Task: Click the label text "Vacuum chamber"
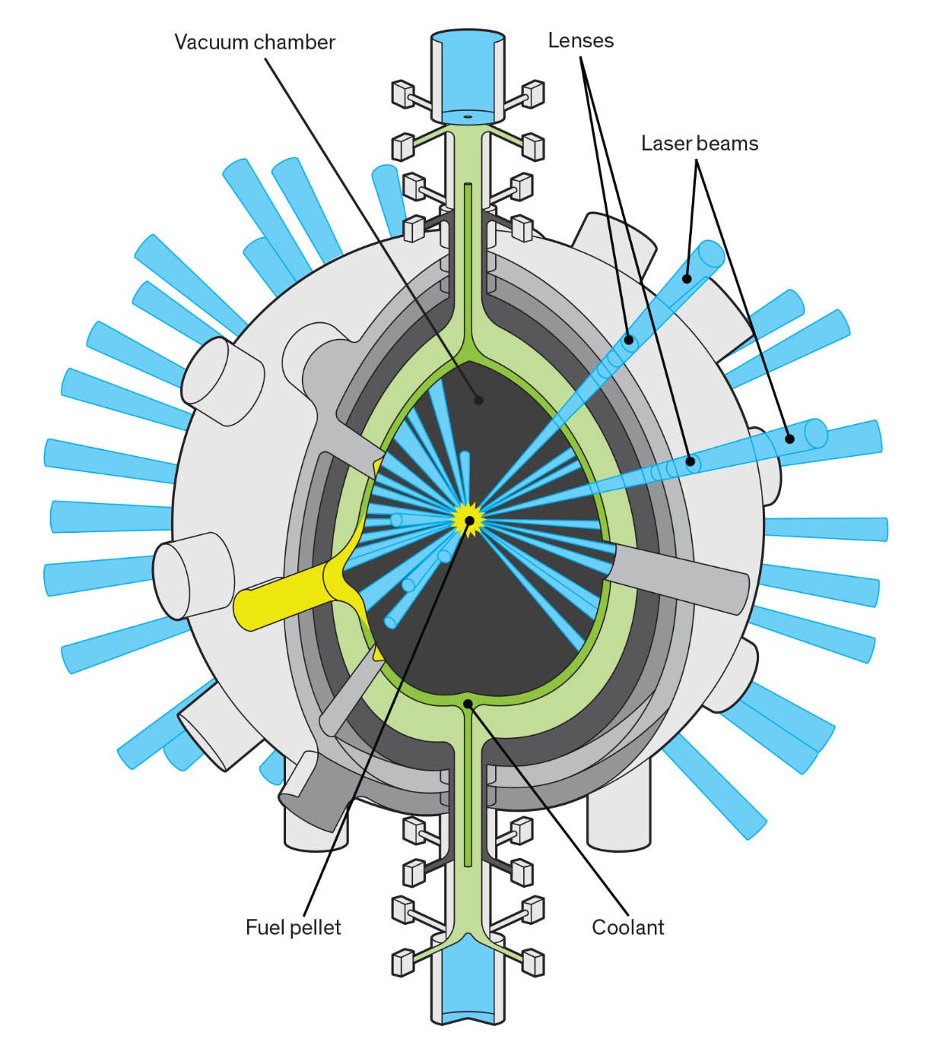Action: coord(254,42)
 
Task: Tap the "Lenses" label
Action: coord(580,40)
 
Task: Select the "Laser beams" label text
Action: coord(699,143)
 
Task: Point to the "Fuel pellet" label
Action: coord(293,927)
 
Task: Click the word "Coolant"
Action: coord(627,927)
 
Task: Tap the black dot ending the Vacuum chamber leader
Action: coord(478,398)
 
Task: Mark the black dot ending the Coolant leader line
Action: coord(469,703)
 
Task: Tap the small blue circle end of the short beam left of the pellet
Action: coord(396,520)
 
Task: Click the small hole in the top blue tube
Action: coord(467,117)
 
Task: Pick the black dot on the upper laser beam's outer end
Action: coord(687,279)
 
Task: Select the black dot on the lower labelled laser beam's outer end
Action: coord(789,439)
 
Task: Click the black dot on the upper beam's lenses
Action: coord(629,339)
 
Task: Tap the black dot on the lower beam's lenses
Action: coord(691,461)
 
